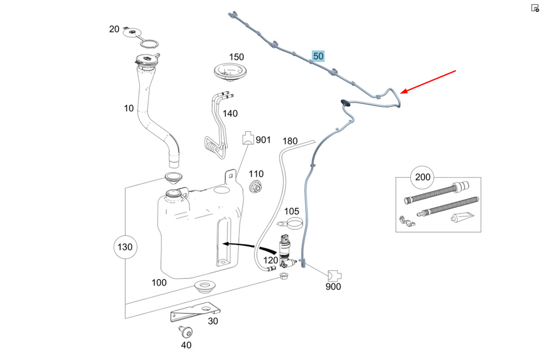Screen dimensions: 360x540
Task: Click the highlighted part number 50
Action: click(318, 56)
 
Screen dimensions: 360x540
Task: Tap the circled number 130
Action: click(125, 248)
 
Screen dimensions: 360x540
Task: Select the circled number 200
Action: click(423, 176)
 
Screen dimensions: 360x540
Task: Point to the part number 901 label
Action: click(263, 140)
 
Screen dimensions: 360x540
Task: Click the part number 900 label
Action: click(333, 287)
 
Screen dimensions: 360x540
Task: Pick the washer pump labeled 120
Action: click(284, 252)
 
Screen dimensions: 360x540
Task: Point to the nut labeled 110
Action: click(256, 187)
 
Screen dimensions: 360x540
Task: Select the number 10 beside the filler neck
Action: click(129, 108)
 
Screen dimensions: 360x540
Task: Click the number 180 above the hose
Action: click(290, 141)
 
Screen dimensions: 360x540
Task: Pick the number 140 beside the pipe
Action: click(230, 114)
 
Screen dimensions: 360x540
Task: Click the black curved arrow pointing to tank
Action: click(248, 246)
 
